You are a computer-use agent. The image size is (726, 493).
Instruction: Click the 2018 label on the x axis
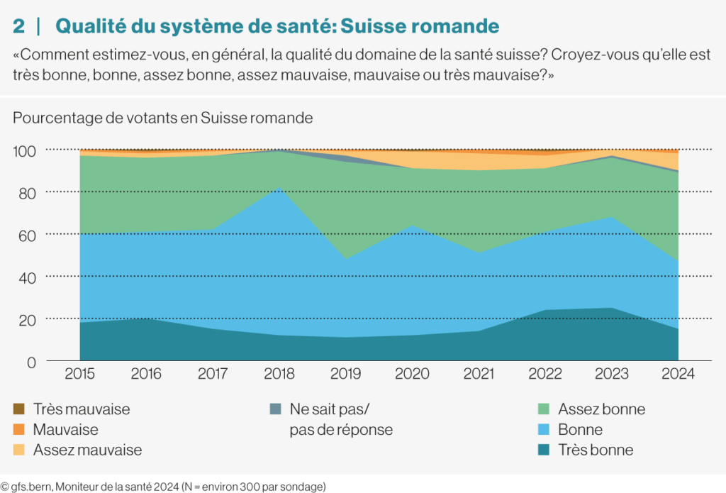tap(279, 373)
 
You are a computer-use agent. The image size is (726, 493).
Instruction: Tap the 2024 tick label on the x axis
tap(678, 373)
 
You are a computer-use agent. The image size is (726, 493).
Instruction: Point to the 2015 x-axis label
tap(79, 373)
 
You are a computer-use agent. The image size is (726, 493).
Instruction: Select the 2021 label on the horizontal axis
tap(479, 373)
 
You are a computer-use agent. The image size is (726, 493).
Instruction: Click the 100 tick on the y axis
tap(24, 151)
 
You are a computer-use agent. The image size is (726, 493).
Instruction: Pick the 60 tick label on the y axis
tap(27, 236)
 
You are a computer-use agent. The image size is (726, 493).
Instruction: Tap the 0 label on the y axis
tap(31, 362)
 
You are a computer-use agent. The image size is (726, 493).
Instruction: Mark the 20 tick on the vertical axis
tap(27, 320)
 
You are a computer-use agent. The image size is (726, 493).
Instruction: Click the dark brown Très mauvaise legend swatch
tap(19, 409)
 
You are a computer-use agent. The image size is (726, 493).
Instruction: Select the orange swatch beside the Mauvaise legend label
tap(19, 429)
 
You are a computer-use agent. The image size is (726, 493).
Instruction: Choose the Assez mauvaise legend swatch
tap(19, 450)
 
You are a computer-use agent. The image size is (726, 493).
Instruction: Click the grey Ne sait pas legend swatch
tap(276, 409)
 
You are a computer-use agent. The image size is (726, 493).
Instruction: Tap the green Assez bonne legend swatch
tap(544, 409)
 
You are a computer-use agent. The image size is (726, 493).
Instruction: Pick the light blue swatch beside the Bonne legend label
tap(544, 429)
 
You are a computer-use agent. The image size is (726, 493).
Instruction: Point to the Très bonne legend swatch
tap(544, 450)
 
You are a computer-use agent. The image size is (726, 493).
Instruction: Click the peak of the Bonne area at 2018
tap(279, 188)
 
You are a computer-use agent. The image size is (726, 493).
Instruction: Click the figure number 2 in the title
tap(19, 26)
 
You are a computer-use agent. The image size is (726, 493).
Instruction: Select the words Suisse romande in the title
tap(420, 26)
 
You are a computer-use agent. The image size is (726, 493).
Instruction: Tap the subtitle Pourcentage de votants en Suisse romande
tap(162, 118)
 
